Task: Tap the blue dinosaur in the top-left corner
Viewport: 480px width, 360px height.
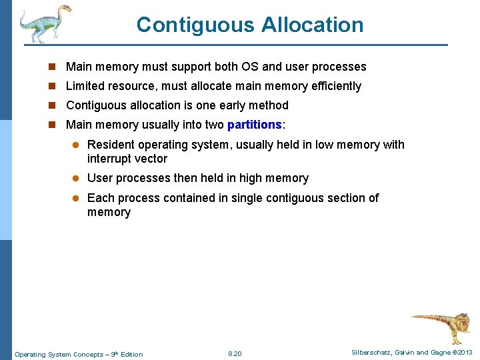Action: tap(44, 23)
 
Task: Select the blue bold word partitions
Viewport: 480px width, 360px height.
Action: tap(255, 125)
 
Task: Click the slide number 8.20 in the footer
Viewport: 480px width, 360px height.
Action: tap(235, 354)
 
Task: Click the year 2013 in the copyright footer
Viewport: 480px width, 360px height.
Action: tap(464, 353)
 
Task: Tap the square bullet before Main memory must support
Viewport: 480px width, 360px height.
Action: tap(55, 67)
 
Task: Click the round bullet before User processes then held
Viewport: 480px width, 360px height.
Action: tap(76, 178)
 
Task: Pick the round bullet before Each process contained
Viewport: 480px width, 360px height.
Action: tap(76, 198)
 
